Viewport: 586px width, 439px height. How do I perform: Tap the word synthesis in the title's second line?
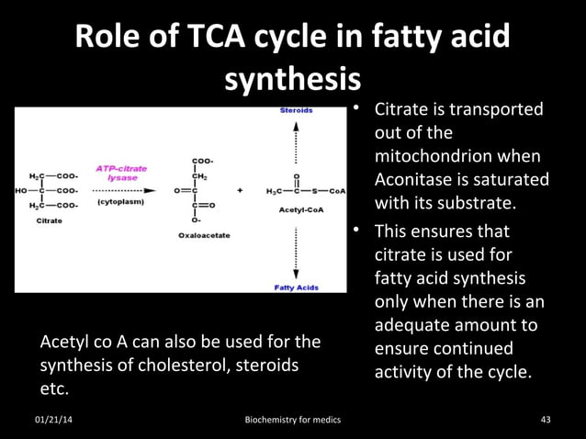tap(291, 81)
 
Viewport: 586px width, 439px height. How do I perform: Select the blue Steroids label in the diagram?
tap(296, 110)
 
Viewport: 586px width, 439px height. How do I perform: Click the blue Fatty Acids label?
tap(297, 287)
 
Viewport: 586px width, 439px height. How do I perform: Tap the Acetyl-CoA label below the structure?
tap(296, 210)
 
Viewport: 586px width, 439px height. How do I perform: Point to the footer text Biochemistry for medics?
tap(293, 420)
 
